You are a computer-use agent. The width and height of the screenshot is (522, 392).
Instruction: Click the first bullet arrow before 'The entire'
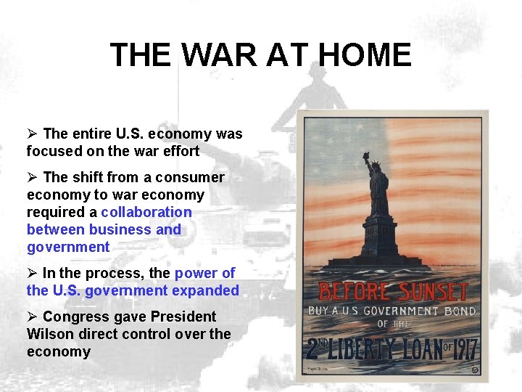point(31,134)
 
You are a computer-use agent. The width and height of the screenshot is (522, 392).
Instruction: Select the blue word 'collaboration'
point(146,212)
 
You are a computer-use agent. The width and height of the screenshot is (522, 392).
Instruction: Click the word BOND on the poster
point(460,312)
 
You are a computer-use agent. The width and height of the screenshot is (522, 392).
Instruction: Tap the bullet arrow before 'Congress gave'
point(31,317)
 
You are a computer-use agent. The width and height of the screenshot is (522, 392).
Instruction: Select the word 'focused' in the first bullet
point(51,151)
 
